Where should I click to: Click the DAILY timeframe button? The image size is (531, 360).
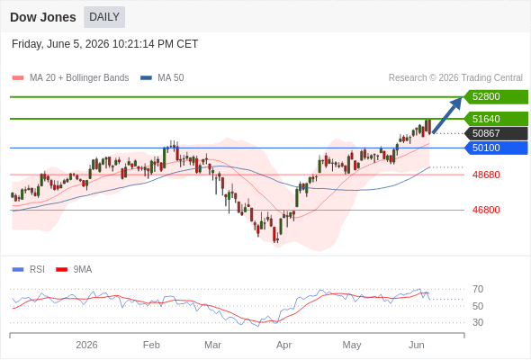click(104, 17)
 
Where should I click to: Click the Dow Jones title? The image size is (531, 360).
click(43, 17)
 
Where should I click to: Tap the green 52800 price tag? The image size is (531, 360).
click(496, 97)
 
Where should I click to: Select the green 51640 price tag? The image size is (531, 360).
click(496, 119)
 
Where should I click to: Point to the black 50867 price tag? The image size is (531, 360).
click(496, 133)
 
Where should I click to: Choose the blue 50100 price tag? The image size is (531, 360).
click(496, 148)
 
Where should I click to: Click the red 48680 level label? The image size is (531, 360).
click(486, 175)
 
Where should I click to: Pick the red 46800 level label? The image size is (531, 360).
click(486, 210)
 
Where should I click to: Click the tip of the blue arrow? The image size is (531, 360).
click(462, 97)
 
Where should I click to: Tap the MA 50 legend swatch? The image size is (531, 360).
click(147, 78)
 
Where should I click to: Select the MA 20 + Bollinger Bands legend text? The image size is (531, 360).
click(79, 78)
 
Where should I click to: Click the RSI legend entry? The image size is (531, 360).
click(29, 270)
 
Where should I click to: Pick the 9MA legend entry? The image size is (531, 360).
click(74, 270)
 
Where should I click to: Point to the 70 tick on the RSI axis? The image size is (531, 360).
click(478, 289)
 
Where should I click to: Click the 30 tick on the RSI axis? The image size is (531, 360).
click(478, 322)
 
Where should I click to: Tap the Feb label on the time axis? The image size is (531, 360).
click(151, 345)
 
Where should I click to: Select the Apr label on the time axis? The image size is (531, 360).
click(283, 346)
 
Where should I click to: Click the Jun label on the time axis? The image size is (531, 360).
click(416, 345)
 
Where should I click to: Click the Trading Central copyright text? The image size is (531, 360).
click(455, 78)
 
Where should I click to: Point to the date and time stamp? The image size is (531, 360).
click(104, 44)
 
